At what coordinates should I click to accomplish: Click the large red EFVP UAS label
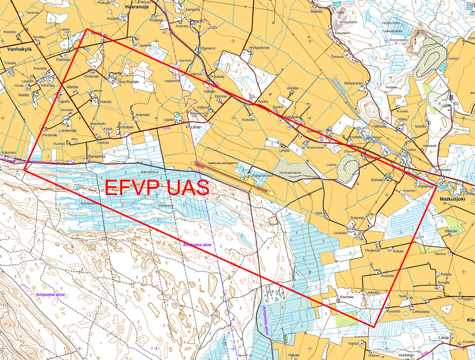click(157, 188)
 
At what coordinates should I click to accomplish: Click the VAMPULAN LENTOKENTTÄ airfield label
click(216, 162)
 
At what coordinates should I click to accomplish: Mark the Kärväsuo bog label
click(149, 172)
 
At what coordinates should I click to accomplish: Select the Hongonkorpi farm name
click(255, 48)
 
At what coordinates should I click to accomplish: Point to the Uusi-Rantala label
click(129, 82)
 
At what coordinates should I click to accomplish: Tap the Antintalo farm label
click(142, 114)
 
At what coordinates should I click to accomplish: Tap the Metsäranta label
click(353, 83)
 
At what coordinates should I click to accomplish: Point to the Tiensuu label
click(337, 56)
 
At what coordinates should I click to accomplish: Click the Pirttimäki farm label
click(92, 77)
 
